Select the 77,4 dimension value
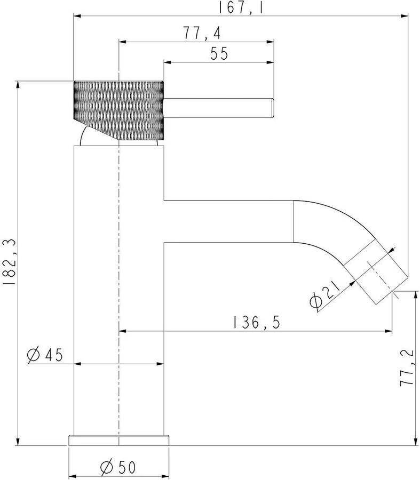point(202,33)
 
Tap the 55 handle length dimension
point(219,53)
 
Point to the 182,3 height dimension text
point(9,262)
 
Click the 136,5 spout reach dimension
point(256,322)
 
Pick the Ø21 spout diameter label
point(325,294)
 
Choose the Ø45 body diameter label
point(45,355)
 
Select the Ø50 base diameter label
point(118,467)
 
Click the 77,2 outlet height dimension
point(407,367)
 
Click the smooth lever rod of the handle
point(218,108)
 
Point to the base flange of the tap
point(118,440)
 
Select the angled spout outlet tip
point(382,278)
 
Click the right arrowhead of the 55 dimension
point(270,62)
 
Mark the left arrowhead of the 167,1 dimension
point(77,15)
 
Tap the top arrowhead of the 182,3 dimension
point(18,85)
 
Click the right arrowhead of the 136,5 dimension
point(389,331)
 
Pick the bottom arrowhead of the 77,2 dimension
point(416,442)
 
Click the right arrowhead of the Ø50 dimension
point(165,476)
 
